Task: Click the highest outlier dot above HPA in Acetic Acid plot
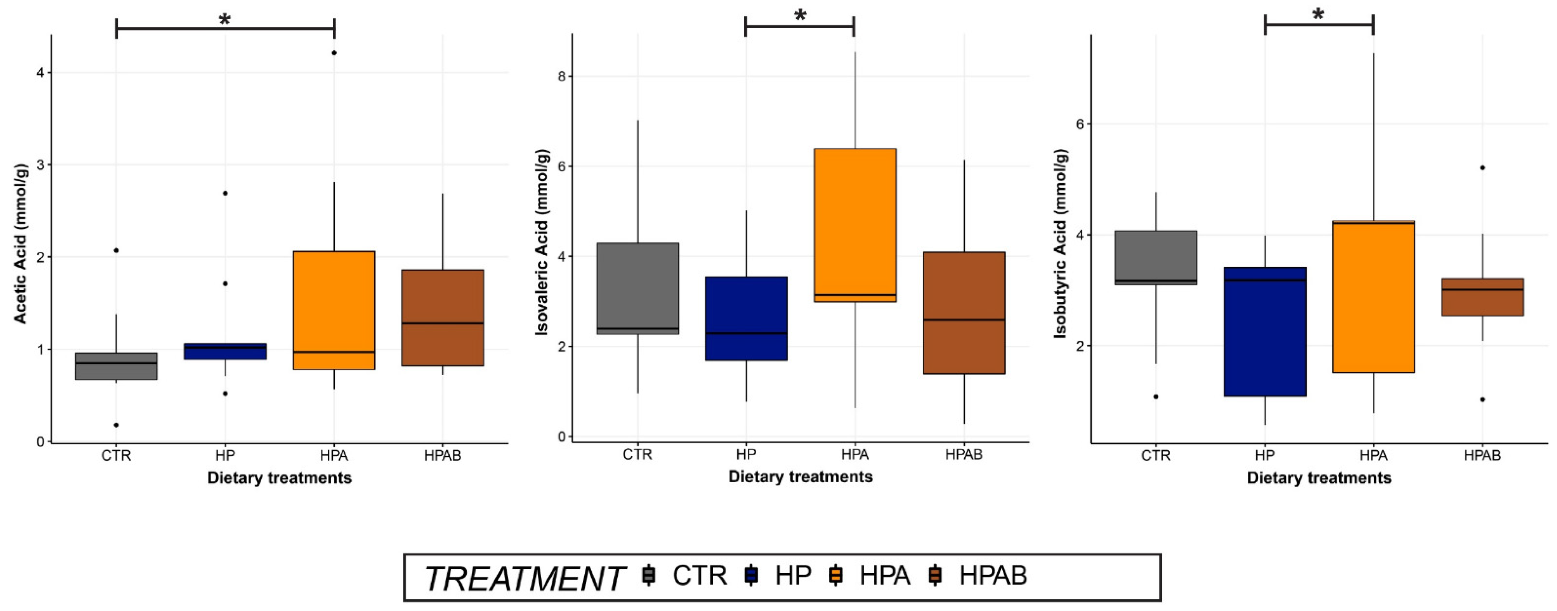click(x=334, y=53)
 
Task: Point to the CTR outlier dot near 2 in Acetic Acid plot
click(x=116, y=250)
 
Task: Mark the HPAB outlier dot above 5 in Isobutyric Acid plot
click(x=1482, y=167)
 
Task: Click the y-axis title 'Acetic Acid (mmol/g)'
click(x=20, y=243)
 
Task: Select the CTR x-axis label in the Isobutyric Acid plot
click(x=1156, y=455)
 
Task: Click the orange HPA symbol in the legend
click(x=836, y=575)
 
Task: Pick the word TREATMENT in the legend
click(x=524, y=578)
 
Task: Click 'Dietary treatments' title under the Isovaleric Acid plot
click(x=800, y=477)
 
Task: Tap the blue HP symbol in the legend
click(x=752, y=575)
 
